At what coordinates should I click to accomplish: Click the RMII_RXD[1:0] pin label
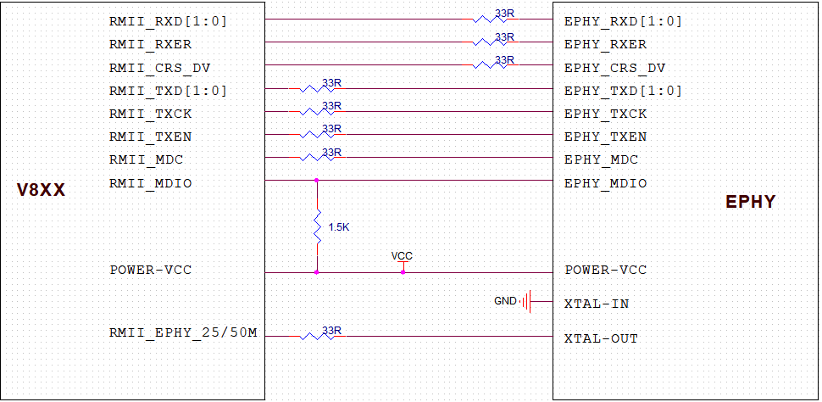168,21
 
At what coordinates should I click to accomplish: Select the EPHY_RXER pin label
605,44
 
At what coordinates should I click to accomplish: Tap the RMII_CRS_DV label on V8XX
159,68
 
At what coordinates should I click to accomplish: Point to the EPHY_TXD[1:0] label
623,91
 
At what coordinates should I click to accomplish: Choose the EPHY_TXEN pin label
605,137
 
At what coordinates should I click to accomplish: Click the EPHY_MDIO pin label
605,183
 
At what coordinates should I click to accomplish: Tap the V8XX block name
42,191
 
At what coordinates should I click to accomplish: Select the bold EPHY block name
750,203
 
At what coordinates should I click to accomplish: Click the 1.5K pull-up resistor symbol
317,227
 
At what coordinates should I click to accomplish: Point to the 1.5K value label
338,227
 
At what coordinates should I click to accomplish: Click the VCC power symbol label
402,255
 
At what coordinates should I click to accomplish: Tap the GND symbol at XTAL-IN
527,301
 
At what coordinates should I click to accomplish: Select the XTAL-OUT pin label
601,338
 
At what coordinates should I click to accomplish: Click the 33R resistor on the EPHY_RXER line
494,42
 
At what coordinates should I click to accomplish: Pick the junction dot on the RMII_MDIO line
317,180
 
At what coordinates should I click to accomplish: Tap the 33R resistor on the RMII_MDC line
319,157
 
